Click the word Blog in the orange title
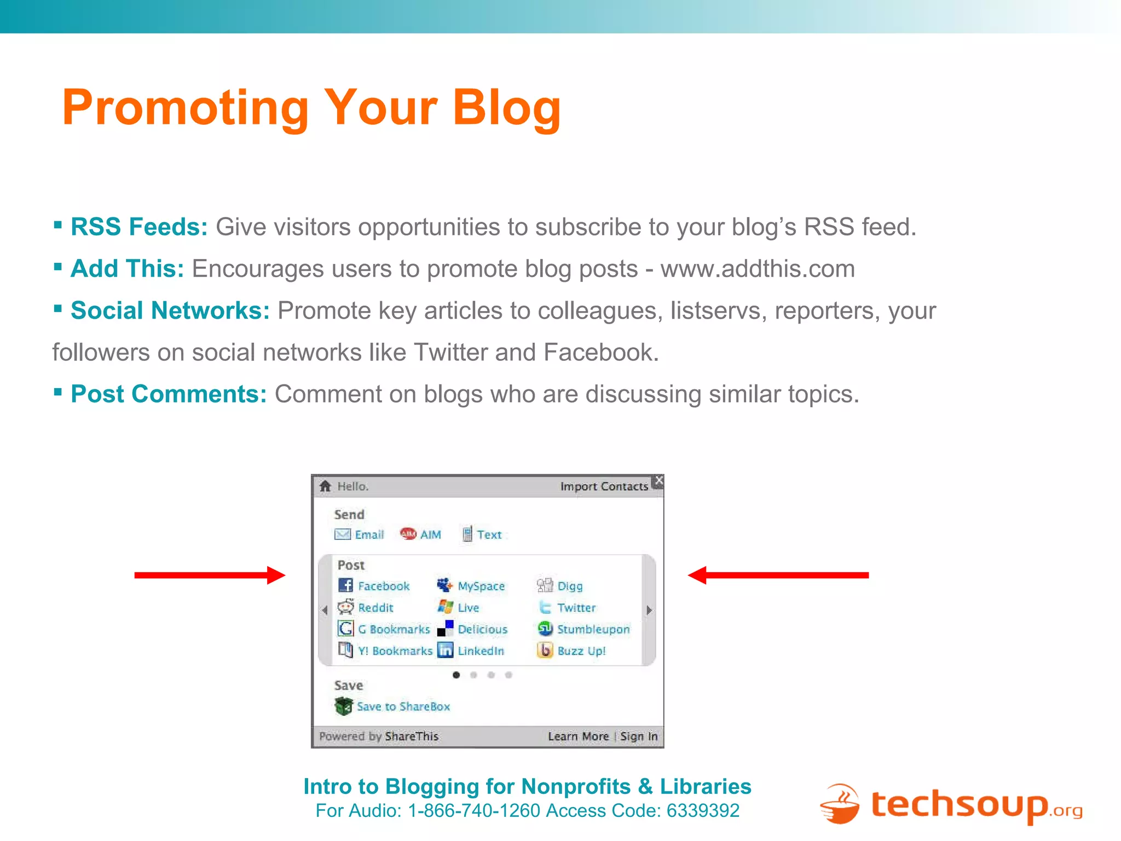(506, 108)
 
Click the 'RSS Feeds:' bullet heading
(139, 227)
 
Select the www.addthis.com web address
(757, 269)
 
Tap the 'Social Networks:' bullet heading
(170, 310)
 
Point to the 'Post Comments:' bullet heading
(169, 394)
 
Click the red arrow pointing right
(210, 575)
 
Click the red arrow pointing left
(778, 575)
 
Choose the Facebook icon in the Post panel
(345, 585)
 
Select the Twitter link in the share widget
(576, 608)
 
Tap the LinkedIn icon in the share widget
(446, 650)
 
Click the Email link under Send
(369, 535)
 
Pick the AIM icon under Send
(408, 534)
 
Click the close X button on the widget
(659, 480)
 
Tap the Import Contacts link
(604, 487)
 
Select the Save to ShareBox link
(403, 707)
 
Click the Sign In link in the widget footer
(638, 736)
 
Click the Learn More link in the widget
(578, 736)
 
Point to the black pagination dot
(456, 675)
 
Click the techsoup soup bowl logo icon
(840, 804)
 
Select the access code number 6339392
(703, 811)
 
